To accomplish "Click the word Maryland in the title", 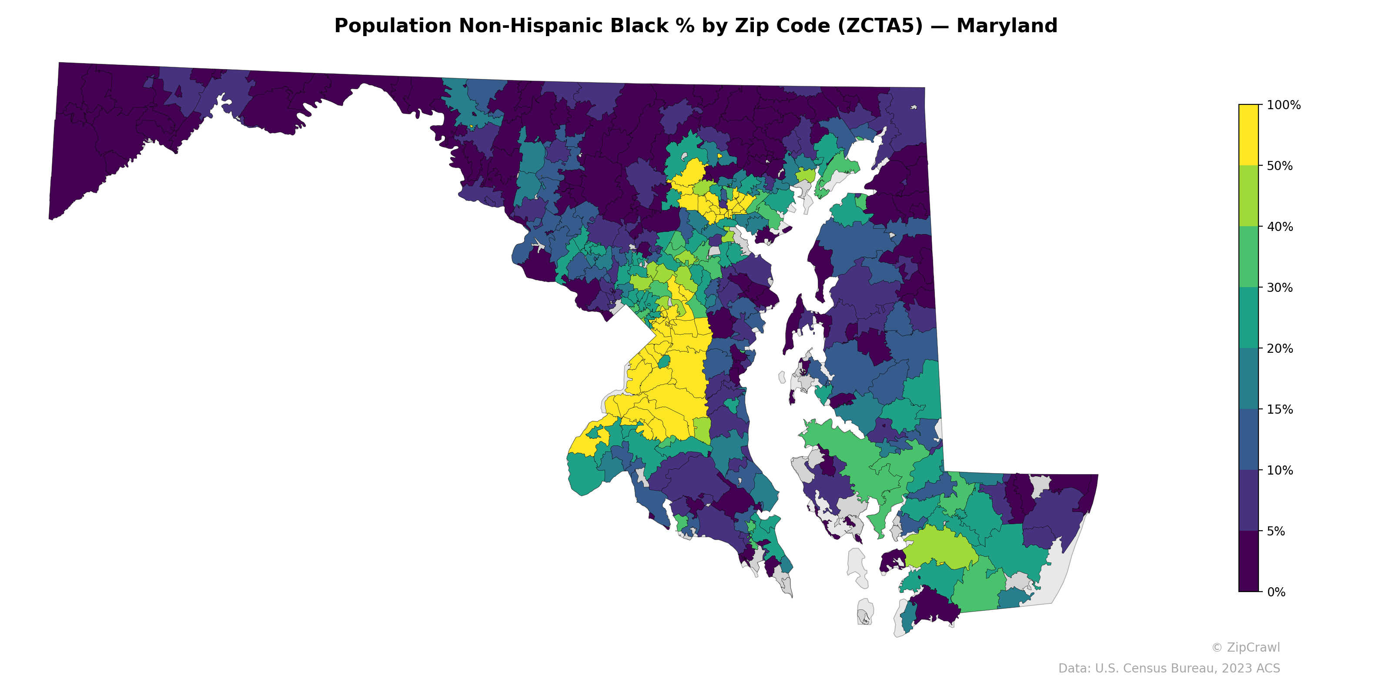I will click(1006, 26).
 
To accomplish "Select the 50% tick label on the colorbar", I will click(1280, 166).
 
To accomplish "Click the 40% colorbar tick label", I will click(1280, 227).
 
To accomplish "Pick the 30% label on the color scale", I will click(1280, 288).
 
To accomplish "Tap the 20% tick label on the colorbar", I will click(1280, 348).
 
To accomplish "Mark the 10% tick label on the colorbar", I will click(1280, 470).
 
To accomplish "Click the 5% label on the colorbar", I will click(1276, 531).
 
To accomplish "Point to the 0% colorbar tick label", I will click(1276, 592).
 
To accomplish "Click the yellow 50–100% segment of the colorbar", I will click(1248, 135).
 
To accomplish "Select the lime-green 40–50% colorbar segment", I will click(1248, 196).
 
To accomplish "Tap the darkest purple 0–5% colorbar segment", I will click(1248, 562).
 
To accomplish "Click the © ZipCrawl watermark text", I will click(1245, 647).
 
